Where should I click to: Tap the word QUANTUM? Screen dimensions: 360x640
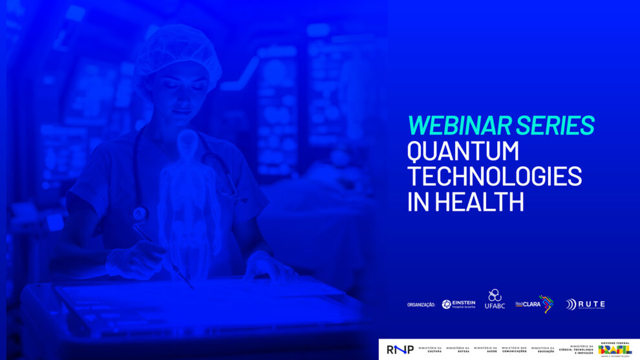(463, 151)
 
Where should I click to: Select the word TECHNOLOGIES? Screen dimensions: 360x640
(495, 176)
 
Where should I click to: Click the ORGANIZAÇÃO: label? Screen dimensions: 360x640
(421, 304)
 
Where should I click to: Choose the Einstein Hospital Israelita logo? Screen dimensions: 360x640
(458, 304)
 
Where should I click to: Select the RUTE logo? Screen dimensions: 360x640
(585, 304)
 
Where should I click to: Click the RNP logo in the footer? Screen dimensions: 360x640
(400, 350)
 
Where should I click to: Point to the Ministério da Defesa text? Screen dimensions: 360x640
(458, 350)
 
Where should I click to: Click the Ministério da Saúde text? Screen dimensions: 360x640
(485, 350)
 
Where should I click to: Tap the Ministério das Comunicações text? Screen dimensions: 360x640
(515, 350)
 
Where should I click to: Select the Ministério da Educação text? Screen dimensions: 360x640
(542, 350)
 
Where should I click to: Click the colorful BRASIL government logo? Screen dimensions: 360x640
(615, 349)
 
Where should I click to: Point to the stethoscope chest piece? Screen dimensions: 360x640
(139, 213)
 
